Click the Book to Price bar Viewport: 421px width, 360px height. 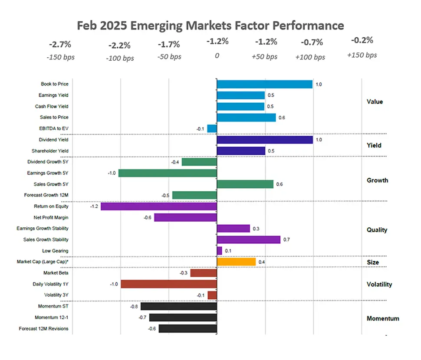tap(264, 84)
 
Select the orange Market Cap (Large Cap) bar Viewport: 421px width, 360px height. tap(236, 262)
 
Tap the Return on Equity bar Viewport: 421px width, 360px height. tap(158, 206)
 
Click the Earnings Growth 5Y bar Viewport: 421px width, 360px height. tap(167, 173)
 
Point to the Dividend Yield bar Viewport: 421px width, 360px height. tap(264, 140)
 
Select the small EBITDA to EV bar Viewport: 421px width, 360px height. tap(212, 128)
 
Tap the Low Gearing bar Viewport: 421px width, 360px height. tap(219, 251)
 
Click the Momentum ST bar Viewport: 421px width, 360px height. tap(178, 306)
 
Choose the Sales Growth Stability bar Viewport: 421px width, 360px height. tap(248, 239)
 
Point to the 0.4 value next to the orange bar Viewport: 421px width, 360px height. tap(262, 262)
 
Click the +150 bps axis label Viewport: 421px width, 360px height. tap(362, 55)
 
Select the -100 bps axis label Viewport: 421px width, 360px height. tap(120, 58)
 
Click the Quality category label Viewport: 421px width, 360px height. tap(377, 230)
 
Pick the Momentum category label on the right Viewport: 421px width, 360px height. tap(383, 318)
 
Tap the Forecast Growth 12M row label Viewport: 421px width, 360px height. tap(49, 195)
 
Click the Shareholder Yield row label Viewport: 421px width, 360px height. tap(50, 151)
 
